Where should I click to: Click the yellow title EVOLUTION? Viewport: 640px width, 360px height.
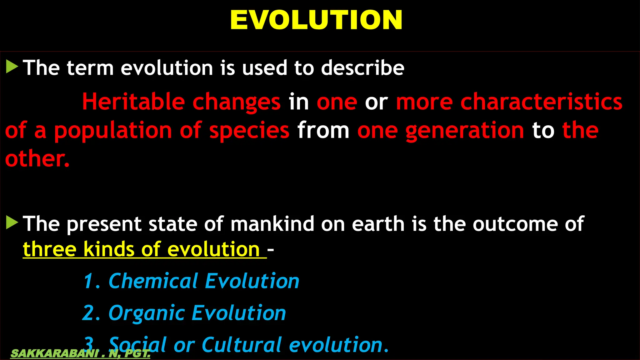316,20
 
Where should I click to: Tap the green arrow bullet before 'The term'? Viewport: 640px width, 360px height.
12,67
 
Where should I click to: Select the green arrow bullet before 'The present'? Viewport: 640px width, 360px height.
12,222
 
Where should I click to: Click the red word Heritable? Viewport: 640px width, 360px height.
133,102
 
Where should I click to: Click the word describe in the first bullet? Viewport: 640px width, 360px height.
363,67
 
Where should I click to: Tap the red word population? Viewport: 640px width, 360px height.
113,131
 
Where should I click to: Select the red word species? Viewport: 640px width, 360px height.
249,131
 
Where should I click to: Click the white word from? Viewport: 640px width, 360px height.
323,131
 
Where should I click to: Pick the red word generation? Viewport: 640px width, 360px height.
465,131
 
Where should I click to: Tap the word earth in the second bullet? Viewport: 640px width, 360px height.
378,224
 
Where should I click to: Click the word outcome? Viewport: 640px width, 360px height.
515,224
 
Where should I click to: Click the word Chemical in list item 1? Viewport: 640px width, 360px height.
153,281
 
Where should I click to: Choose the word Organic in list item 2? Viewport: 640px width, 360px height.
147,313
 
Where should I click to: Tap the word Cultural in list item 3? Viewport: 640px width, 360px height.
242,345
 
